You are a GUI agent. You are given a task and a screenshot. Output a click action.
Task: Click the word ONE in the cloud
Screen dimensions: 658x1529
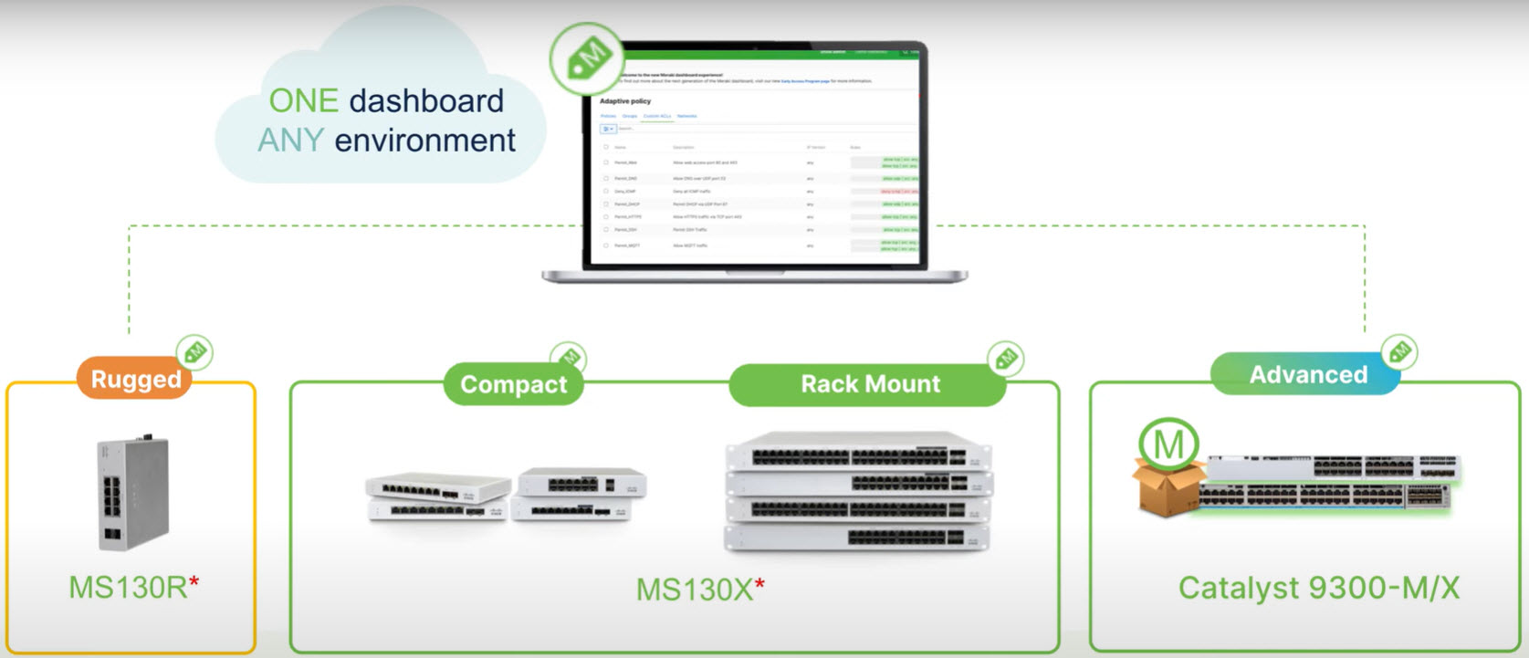pyautogui.click(x=303, y=100)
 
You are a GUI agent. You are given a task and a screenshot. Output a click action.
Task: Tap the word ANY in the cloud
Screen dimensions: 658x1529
pyautogui.click(x=290, y=141)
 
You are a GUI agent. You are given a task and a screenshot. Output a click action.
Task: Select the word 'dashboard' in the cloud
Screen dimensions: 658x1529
pyautogui.click(x=426, y=100)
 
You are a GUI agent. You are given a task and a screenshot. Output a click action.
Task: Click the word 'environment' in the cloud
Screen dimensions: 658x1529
pyautogui.click(x=424, y=141)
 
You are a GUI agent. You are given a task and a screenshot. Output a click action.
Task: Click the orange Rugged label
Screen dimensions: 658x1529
pyautogui.click(x=135, y=379)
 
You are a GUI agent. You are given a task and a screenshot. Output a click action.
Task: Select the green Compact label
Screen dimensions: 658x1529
pyautogui.click(x=513, y=384)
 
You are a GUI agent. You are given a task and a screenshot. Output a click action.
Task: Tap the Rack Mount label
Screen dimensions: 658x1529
pyautogui.click(x=869, y=384)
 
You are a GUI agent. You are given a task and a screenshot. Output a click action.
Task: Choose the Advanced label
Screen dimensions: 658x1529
pyautogui.click(x=1307, y=374)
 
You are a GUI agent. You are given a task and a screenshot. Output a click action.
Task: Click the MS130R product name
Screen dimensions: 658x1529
pyautogui.click(x=128, y=587)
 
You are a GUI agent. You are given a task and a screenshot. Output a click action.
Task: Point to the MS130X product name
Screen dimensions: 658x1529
pyautogui.click(x=694, y=590)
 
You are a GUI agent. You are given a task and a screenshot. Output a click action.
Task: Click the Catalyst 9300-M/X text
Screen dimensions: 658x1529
pyautogui.click(x=1318, y=588)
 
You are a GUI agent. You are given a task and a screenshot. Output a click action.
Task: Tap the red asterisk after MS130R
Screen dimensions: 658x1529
pyautogui.click(x=194, y=581)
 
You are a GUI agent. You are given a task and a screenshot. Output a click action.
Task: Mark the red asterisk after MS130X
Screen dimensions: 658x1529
pyautogui.click(x=759, y=584)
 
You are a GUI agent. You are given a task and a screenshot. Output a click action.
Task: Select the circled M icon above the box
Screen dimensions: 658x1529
pyautogui.click(x=1168, y=444)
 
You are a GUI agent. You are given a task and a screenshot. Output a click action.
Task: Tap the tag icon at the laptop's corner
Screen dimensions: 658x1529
pyautogui.click(x=587, y=59)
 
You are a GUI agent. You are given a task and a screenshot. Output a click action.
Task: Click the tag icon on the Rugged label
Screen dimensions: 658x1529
pyautogui.click(x=194, y=352)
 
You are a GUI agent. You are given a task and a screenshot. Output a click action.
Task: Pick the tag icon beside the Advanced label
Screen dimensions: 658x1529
pyautogui.click(x=1398, y=351)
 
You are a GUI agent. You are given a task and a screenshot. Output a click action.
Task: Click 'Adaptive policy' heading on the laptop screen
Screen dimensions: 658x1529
pyautogui.click(x=625, y=101)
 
